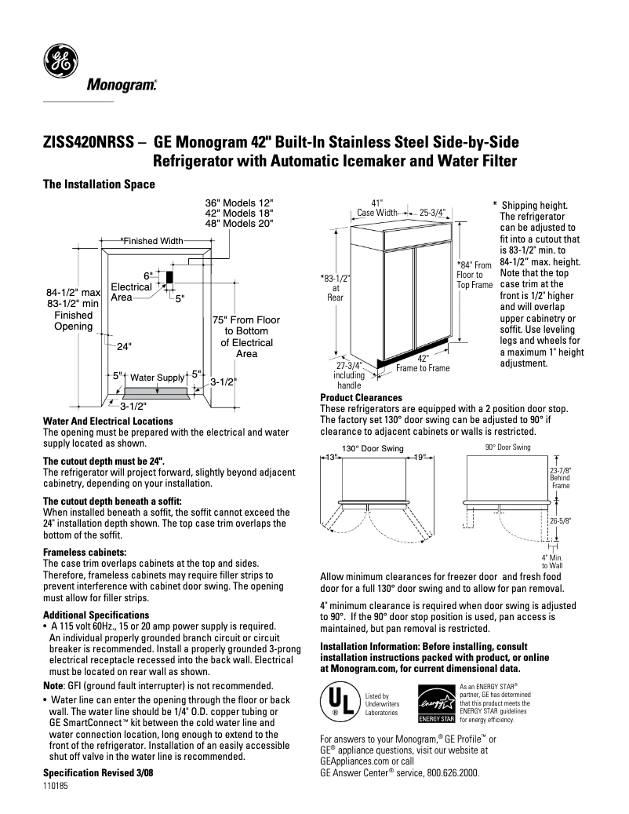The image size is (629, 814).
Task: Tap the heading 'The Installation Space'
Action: click(x=99, y=184)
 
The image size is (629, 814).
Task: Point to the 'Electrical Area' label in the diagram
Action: click(x=131, y=292)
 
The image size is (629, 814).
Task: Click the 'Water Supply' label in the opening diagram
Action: click(x=157, y=378)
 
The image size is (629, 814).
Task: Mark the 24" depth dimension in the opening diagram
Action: click(x=124, y=345)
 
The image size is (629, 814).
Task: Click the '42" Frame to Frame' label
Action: click(x=423, y=363)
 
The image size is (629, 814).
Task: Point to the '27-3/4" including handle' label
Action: click(x=348, y=375)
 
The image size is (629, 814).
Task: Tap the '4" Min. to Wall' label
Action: click(x=559, y=560)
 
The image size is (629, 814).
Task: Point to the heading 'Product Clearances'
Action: click(x=361, y=398)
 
